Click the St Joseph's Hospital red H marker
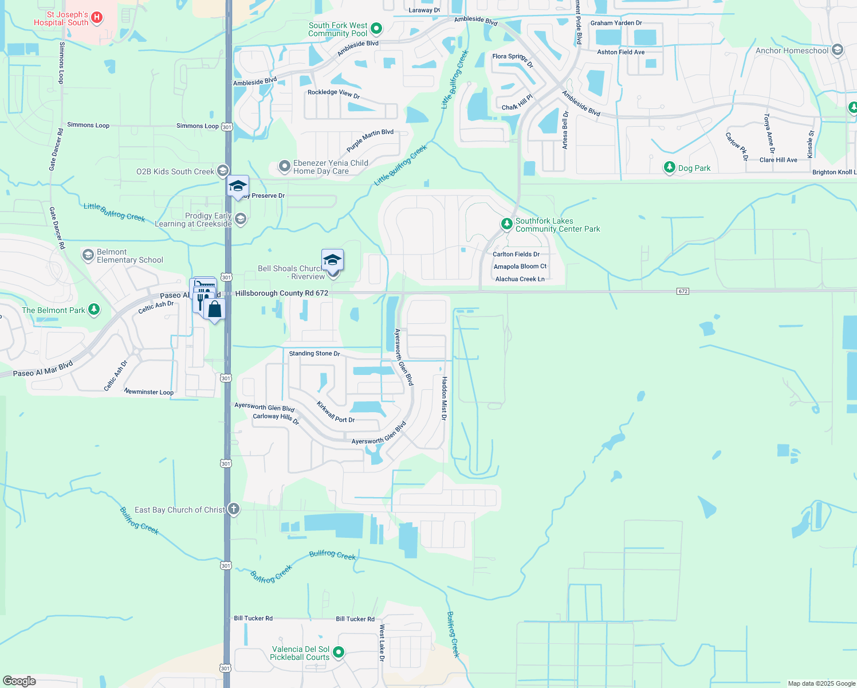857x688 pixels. click(x=97, y=18)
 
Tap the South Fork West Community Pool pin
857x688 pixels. click(x=376, y=28)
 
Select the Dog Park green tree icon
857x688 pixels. click(x=669, y=167)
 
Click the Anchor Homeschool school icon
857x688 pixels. click(x=837, y=50)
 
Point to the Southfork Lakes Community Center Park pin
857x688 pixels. click(x=506, y=224)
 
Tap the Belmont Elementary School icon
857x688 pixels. click(x=88, y=255)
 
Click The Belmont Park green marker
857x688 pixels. click(x=94, y=310)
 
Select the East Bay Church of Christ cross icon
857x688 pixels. click(x=233, y=509)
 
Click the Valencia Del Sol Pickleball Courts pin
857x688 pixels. click(x=339, y=652)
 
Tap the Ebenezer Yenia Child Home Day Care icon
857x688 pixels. click(x=284, y=166)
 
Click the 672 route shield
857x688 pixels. click(x=682, y=291)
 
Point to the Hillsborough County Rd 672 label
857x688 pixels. click(x=282, y=293)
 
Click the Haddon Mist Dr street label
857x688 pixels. click(x=444, y=398)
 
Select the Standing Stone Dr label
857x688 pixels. click(x=315, y=353)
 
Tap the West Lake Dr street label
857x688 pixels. click(x=382, y=643)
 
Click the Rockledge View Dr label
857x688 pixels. click(x=333, y=94)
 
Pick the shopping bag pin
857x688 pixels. click(x=214, y=310)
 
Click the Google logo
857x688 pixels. click(x=19, y=681)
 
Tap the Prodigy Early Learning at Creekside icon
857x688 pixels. click(x=241, y=219)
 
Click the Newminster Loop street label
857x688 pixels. click(x=149, y=392)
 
